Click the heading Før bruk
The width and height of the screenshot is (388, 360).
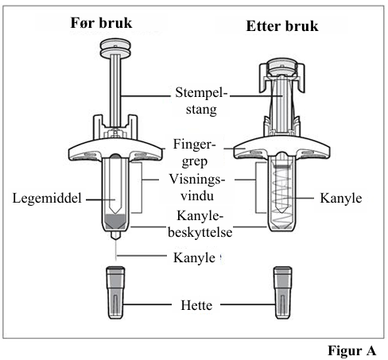coord(101,23)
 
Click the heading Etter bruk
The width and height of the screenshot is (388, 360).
coord(282,26)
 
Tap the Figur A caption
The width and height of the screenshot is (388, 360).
coord(352,350)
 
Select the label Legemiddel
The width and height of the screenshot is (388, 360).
coord(47,198)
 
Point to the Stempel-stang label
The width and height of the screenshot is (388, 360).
coord(201,101)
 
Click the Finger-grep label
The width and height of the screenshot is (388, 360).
coord(195,153)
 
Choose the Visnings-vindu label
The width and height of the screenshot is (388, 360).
coord(197,188)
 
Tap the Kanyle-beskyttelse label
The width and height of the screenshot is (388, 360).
coord(200,224)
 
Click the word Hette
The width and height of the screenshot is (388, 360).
coord(196,305)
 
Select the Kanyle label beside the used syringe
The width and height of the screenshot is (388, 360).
coord(341,199)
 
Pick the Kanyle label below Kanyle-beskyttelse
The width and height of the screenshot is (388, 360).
coord(194,257)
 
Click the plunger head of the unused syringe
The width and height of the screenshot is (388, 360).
coord(115,48)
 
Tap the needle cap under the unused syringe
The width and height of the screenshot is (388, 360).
coord(115,292)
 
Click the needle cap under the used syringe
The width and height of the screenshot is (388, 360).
coord(283,292)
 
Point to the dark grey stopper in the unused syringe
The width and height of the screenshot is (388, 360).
coord(115,222)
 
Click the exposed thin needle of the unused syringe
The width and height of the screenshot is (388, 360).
coord(116,250)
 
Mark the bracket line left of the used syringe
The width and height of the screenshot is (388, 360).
coord(256,188)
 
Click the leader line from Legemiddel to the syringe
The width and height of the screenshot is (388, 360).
coord(100,199)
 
